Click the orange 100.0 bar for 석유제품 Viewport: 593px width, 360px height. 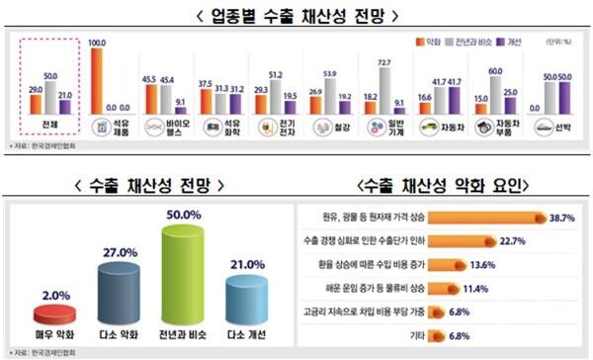(x=96, y=82)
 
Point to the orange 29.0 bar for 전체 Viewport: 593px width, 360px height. (x=36, y=104)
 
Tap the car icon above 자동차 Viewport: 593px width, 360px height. (x=432, y=128)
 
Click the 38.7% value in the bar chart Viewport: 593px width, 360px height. (x=562, y=216)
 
